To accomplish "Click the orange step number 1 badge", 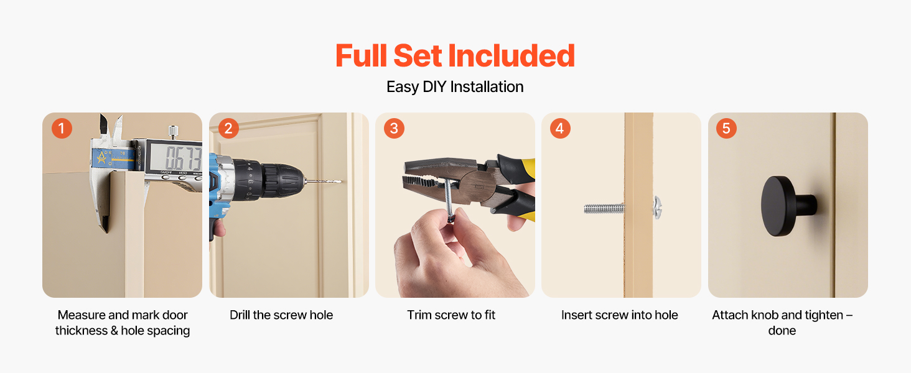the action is (62, 129).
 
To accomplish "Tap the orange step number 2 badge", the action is (228, 129).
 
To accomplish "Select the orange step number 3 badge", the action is (394, 129).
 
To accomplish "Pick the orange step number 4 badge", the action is (560, 129).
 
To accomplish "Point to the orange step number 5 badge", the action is (726, 129).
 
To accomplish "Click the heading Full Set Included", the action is (455, 56).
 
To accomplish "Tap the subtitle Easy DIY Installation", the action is (455, 87).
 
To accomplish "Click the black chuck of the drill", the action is (281, 180).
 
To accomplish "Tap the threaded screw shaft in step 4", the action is (604, 208).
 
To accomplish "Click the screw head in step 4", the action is (657, 208).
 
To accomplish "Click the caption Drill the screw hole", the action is (281, 315).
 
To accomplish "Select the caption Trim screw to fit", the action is (451, 315).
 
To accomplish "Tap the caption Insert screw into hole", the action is (619, 315).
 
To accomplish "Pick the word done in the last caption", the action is (782, 330).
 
